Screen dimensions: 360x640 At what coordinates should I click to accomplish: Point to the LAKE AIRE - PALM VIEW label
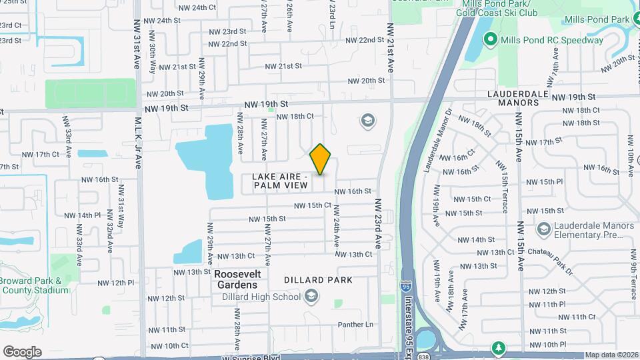pyautogui.click(x=280, y=181)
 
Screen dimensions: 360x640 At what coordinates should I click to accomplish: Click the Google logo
pyautogui.click(x=22, y=352)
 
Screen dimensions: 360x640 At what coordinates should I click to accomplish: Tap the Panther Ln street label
pyautogui.click(x=355, y=325)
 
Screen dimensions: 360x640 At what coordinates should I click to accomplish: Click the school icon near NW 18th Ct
pyautogui.click(x=366, y=121)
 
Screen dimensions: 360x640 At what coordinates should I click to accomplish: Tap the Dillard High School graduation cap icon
pyautogui.click(x=312, y=297)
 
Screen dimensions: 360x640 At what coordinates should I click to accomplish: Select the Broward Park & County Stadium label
pyautogui.click(x=35, y=285)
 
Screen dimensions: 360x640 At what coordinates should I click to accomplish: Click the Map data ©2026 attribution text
pyautogui.click(x=612, y=355)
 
